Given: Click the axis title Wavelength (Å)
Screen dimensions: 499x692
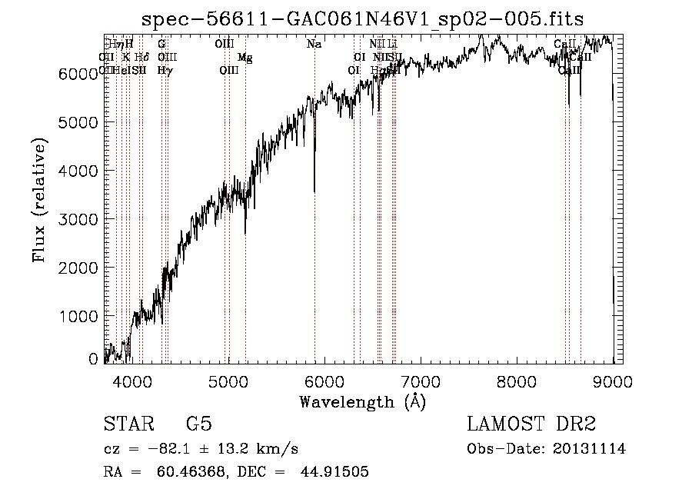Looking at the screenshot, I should tap(362, 401).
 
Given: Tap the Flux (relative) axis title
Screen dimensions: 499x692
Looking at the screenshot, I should tap(40, 199).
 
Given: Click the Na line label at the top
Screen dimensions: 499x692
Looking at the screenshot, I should tap(314, 45).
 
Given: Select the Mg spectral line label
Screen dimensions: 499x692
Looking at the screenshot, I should tap(245, 58).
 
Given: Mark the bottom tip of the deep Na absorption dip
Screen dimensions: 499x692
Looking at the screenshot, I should tap(314, 191).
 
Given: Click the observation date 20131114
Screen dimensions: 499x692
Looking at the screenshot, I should tap(590, 449).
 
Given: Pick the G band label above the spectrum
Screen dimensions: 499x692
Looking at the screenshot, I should tap(161, 45).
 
